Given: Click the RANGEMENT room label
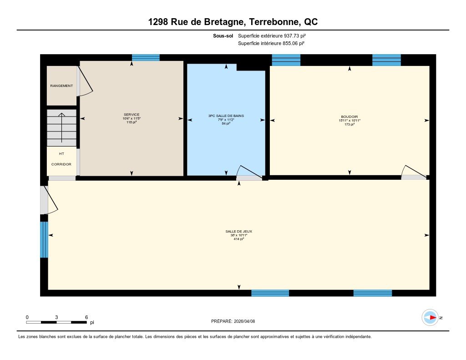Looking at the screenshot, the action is (x=61, y=86).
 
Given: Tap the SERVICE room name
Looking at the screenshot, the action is (x=132, y=114).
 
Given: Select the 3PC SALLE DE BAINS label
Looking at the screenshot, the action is (x=226, y=116).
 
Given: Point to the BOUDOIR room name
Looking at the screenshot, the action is (x=349, y=117).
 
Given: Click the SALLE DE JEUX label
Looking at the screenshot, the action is (x=238, y=232).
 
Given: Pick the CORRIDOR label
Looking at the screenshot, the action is (x=61, y=164).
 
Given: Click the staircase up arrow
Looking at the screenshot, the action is (x=61, y=128).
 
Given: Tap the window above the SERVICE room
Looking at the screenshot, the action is (x=146, y=58).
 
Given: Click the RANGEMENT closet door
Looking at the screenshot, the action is (x=85, y=81).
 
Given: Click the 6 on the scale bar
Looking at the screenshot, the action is (x=86, y=317).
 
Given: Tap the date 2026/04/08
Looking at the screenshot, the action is (x=244, y=321).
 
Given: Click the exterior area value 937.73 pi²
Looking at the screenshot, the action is (x=295, y=35).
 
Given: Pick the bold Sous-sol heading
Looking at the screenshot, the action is (x=223, y=35).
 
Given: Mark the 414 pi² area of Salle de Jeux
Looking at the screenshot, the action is (x=238, y=239).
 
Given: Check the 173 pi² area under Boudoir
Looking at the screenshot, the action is (x=349, y=125).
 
